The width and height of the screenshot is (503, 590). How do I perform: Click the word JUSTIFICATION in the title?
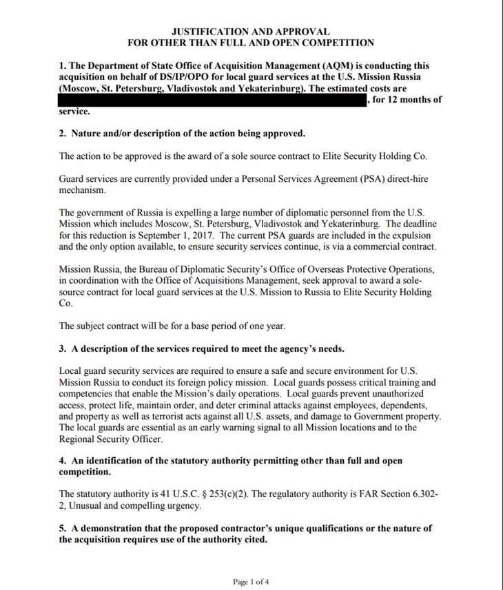click(205, 32)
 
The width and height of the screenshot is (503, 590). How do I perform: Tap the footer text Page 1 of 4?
click(251, 582)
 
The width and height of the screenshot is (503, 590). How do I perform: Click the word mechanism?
click(83, 189)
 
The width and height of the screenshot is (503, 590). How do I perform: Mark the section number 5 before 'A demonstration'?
click(63, 528)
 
